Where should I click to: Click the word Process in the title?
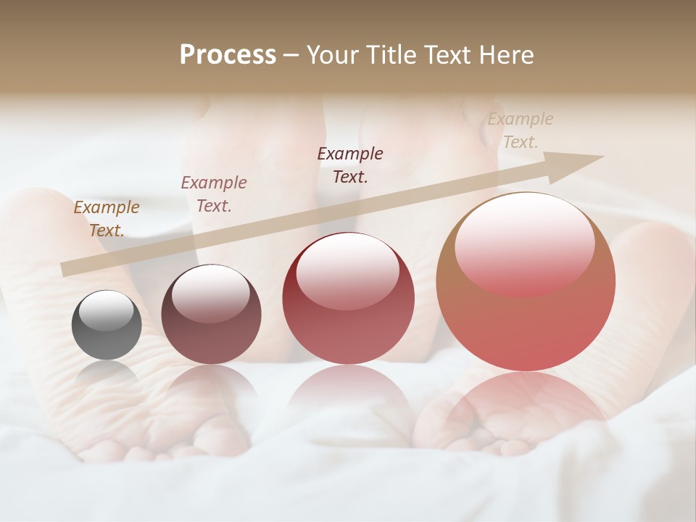point(228,55)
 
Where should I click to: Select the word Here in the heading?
point(505,55)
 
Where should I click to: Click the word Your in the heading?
point(330,55)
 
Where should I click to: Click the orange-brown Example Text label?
point(107,219)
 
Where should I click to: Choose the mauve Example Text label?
point(214,194)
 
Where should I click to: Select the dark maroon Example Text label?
point(350,165)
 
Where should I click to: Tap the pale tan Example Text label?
point(520,130)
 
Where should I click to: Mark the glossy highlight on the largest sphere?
point(523,243)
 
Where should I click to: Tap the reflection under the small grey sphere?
point(107,373)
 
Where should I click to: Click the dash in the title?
point(291,55)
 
